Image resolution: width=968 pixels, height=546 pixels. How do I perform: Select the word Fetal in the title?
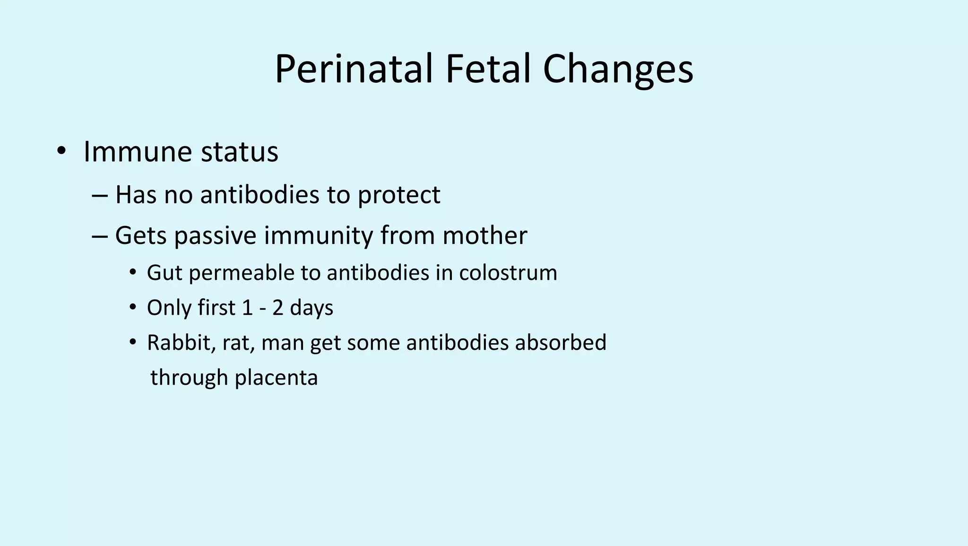(487, 69)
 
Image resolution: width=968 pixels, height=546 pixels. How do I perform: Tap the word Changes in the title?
(618, 69)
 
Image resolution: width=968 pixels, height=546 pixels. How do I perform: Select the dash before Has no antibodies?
(100, 195)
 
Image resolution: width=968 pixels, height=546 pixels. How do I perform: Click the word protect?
(399, 195)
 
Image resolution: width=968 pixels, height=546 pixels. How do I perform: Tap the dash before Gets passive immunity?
(100, 235)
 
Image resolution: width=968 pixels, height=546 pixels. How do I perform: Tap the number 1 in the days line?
(247, 308)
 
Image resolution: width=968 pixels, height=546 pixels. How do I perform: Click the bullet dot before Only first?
(133, 308)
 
